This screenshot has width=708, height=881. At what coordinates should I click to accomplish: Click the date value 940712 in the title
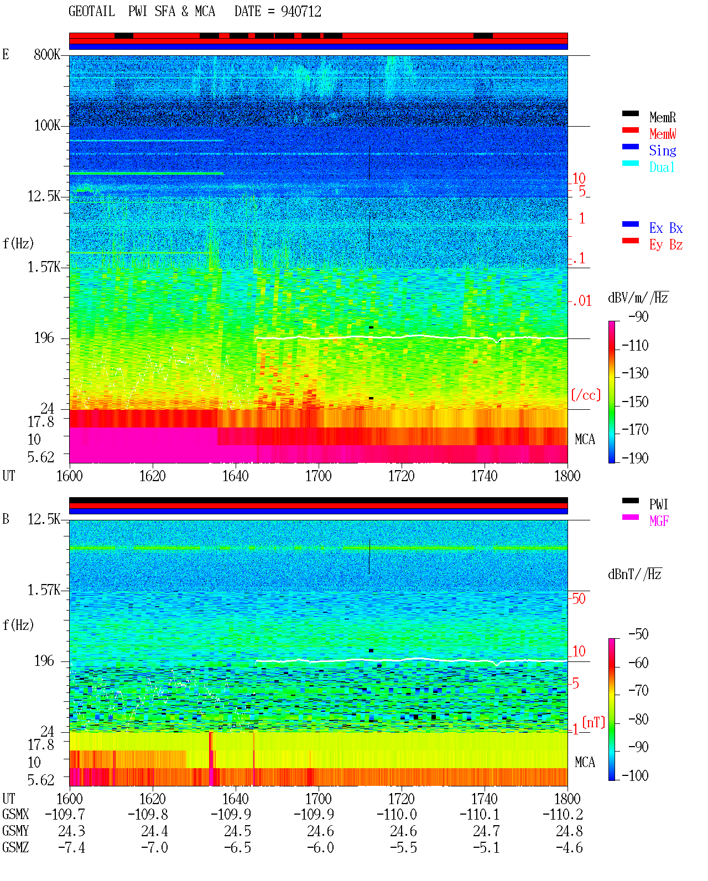tap(301, 12)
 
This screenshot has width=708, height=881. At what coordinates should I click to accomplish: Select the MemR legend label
tap(662, 117)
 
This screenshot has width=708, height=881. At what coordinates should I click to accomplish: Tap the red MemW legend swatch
tap(630, 130)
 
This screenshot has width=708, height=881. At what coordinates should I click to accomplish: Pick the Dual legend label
tap(662, 167)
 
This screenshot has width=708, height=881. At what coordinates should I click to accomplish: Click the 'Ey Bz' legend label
tap(665, 244)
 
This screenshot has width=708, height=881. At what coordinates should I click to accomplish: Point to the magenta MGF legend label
tap(659, 521)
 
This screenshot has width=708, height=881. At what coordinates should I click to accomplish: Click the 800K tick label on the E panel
tap(46, 54)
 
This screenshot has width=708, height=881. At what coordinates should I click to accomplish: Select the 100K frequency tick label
tap(47, 126)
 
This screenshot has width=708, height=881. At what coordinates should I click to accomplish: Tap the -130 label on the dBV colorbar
tap(634, 373)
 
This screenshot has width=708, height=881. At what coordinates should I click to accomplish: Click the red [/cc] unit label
tap(586, 395)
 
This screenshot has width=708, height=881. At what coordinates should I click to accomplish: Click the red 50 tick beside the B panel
tap(579, 599)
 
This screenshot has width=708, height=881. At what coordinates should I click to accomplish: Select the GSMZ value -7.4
tap(71, 847)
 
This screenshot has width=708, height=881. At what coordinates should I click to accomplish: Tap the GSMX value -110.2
tap(563, 815)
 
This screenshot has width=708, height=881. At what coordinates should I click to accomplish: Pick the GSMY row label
tap(15, 831)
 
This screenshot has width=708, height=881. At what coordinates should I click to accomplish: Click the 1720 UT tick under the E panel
tap(402, 476)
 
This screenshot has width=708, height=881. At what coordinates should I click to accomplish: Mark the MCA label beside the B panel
tap(585, 762)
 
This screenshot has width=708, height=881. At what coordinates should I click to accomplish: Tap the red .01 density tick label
tap(581, 301)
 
